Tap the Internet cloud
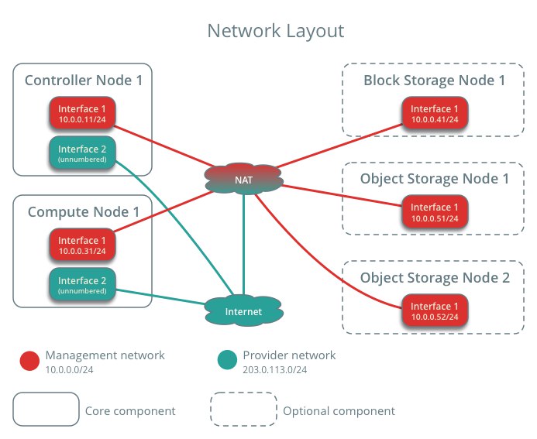coord(243,311)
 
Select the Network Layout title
coord(275,31)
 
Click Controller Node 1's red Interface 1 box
coord(81,113)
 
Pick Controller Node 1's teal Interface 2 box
coord(81,153)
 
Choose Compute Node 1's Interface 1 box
coord(81,245)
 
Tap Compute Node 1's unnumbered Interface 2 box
coord(81,284)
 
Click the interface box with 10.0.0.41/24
coord(434,113)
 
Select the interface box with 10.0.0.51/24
coord(434,211)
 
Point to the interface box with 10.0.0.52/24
coord(434,310)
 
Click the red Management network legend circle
coord(30,360)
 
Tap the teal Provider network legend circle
coord(226,360)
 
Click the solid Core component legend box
coord(46,410)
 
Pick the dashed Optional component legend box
coord(244,410)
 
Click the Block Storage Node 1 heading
coord(434,80)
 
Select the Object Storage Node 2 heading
coord(435,278)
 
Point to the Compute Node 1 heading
coord(84,211)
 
